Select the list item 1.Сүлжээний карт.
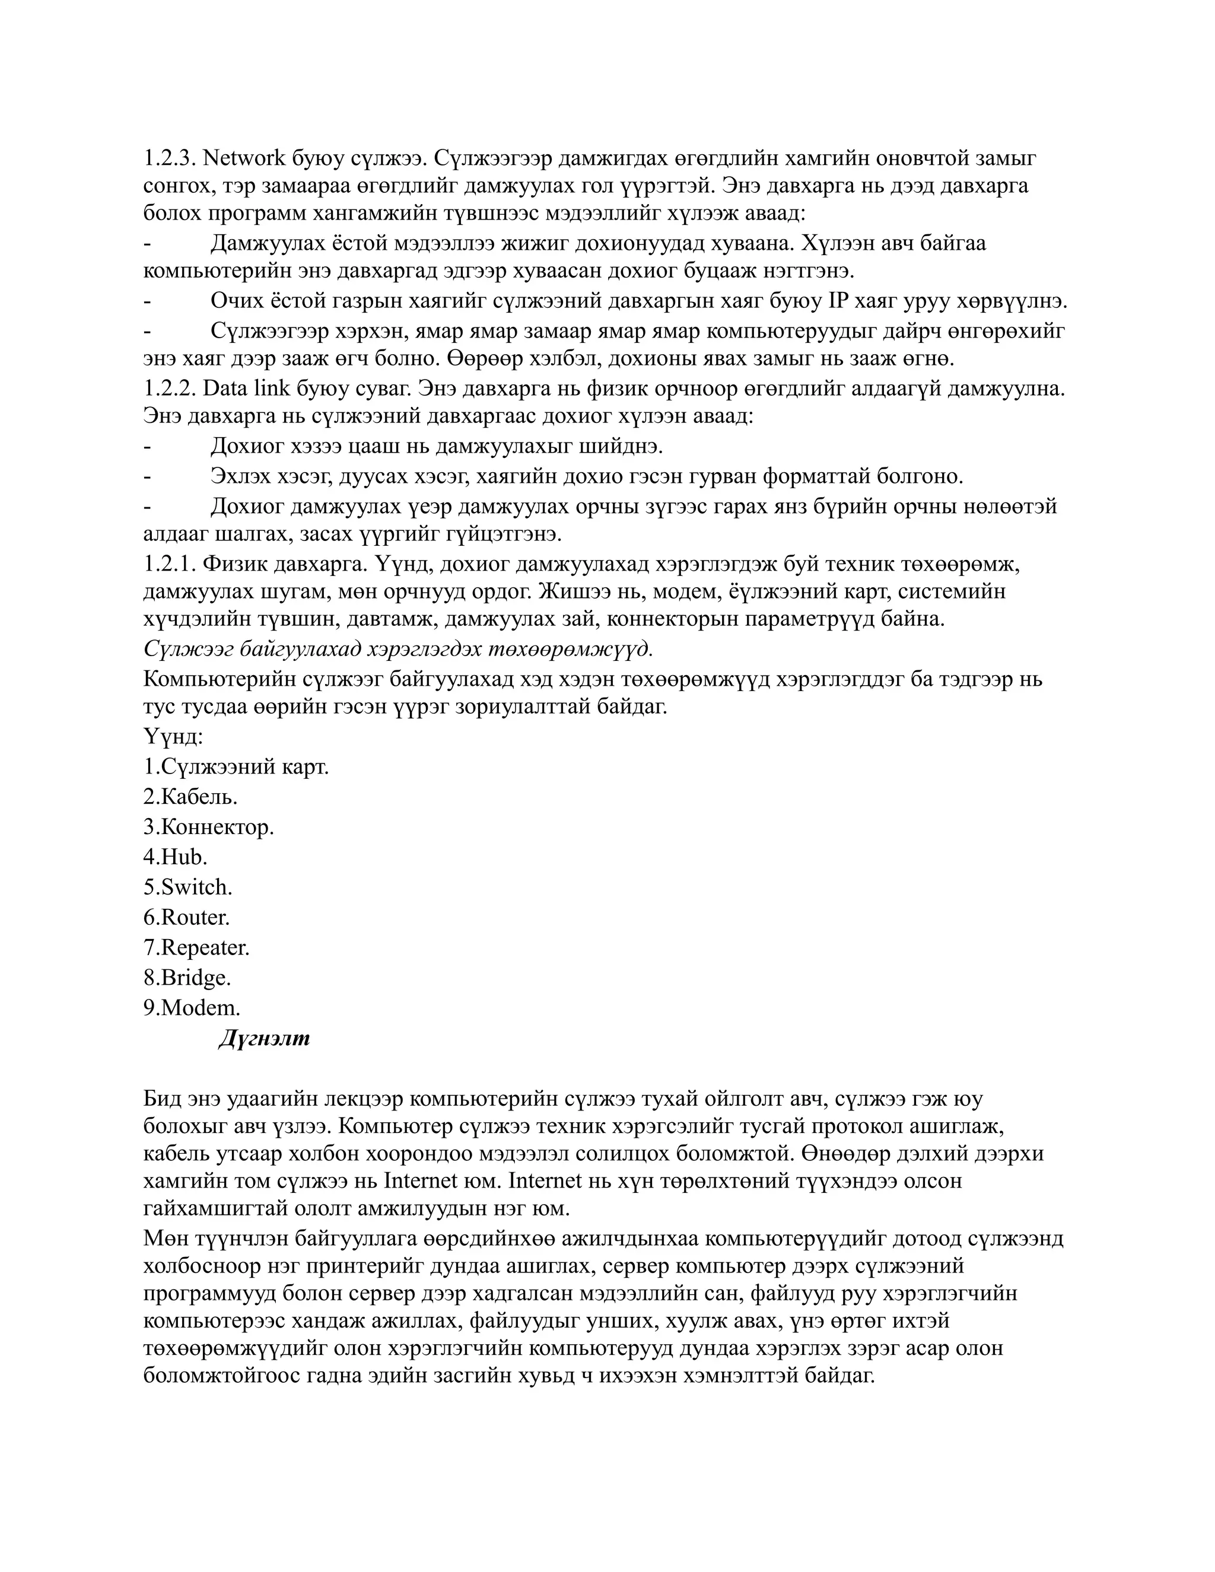(x=236, y=766)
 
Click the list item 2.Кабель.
(x=190, y=797)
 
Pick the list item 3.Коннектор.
(x=209, y=827)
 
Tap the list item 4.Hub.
(x=175, y=857)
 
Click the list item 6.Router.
(x=186, y=917)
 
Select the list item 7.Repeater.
(x=196, y=947)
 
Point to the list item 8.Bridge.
(x=187, y=978)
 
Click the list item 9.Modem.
(x=192, y=1008)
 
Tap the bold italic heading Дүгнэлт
(x=264, y=1039)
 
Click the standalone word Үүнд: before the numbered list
(x=173, y=737)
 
